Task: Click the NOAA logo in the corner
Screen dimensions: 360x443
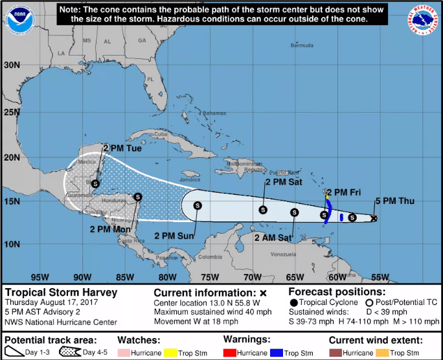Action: [x=20, y=19]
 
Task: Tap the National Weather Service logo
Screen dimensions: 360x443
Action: [x=423, y=21]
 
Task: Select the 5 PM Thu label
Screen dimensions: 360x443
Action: [x=394, y=201]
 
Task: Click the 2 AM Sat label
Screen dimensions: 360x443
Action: [x=273, y=238]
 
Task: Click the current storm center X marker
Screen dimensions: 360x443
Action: [x=374, y=218]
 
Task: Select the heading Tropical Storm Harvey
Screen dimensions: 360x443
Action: [x=61, y=292]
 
